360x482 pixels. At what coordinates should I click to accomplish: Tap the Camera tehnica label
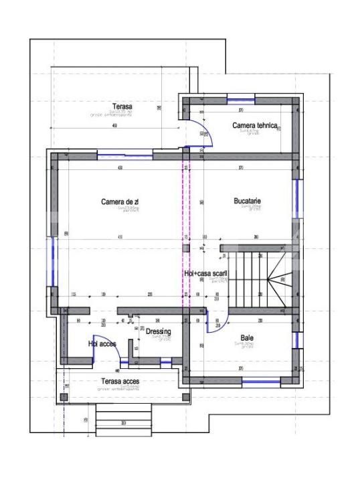(x=254, y=125)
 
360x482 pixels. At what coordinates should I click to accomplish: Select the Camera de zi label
(x=120, y=202)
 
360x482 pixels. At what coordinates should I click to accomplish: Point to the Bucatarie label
(x=248, y=201)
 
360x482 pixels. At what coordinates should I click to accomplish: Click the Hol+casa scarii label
(x=205, y=274)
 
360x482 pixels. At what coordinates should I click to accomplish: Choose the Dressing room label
(x=158, y=331)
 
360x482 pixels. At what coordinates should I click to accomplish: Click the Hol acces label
(x=102, y=343)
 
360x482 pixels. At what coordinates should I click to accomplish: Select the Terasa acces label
(x=120, y=382)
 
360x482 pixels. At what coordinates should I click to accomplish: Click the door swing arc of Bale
(x=215, y=323)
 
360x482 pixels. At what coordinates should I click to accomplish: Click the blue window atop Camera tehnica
(x=240, y=100)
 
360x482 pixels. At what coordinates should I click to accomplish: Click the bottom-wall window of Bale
(x=260, y=381)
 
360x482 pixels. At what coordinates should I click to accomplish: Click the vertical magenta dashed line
(x=185, y=228)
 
